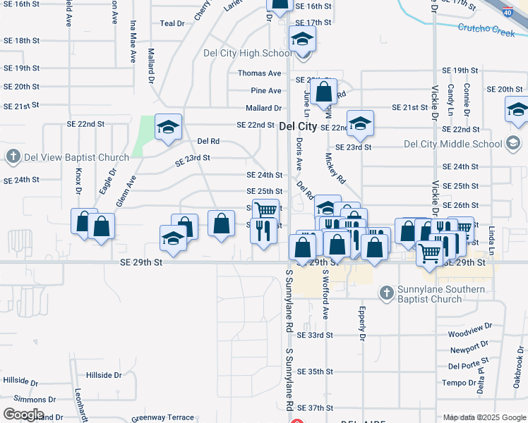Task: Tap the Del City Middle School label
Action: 452,145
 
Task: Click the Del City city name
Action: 298,126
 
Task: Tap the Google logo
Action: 23,415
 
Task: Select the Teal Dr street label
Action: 172,23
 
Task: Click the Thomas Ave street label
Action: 260,73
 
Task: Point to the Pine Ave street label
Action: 266,91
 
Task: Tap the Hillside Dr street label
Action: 104,375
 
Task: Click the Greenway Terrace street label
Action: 162,417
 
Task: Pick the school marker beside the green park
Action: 169,127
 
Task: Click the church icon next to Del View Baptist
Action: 13,156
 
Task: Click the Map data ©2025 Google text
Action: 485,417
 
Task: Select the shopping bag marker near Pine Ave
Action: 323,92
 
